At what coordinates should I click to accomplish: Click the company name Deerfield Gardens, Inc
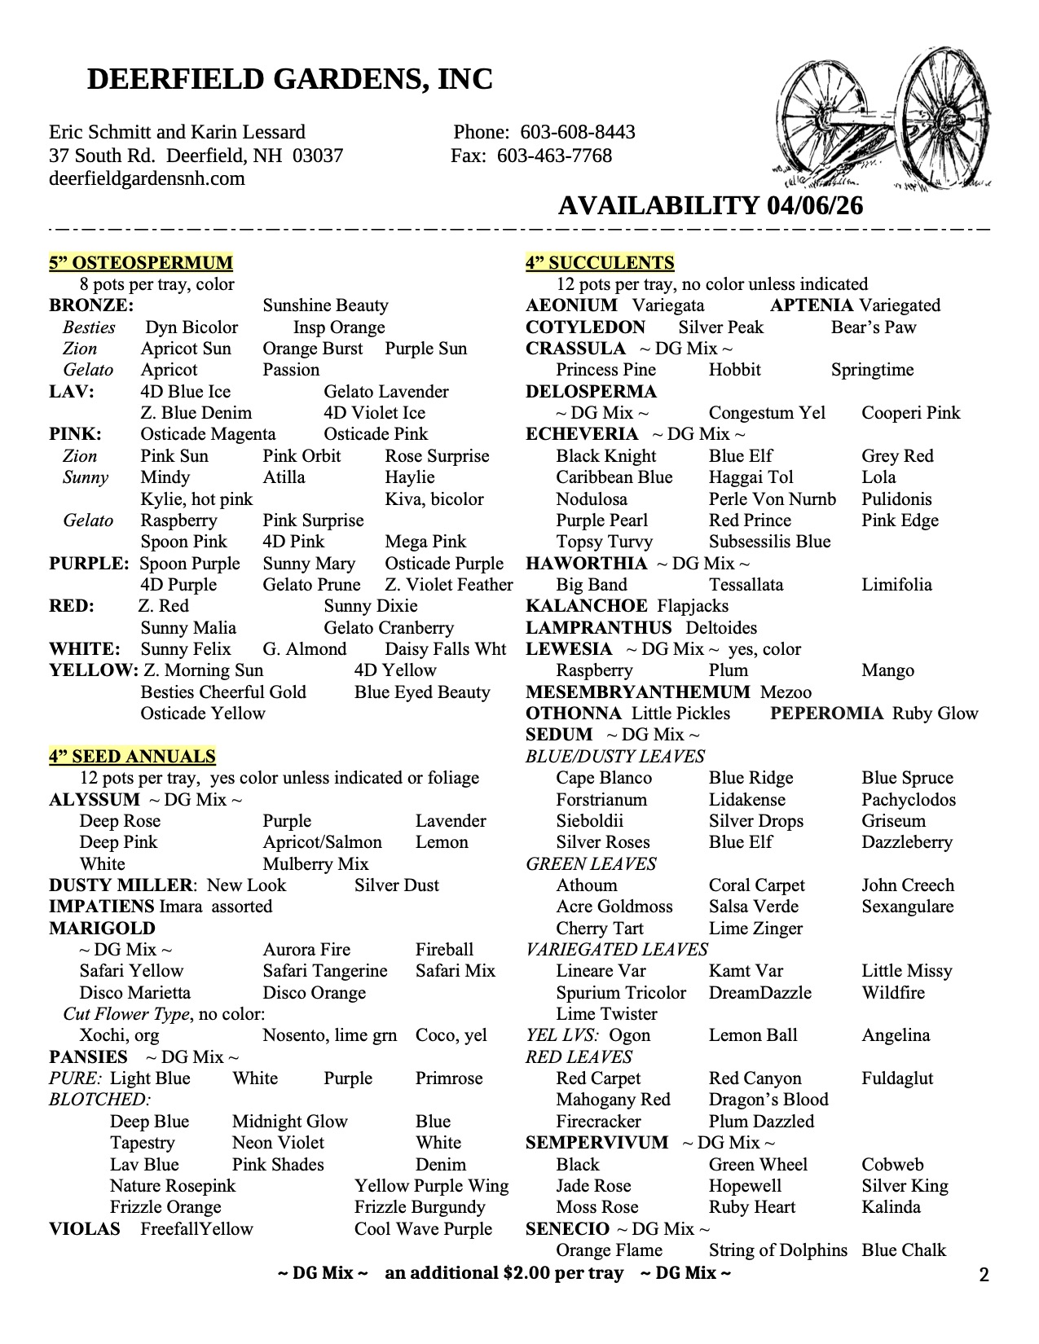(289, 79)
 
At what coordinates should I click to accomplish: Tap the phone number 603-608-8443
(578, 132)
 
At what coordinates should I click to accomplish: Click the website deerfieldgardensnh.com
(147, 178)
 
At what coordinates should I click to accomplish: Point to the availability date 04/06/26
(814, 205)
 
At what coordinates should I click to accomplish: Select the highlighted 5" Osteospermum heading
(141, 262)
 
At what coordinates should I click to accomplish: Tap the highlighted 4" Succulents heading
(600, 262)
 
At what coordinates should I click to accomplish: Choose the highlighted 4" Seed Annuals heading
(132, 756)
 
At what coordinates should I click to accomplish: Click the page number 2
(984, 1275)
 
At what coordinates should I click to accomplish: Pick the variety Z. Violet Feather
(449, 585)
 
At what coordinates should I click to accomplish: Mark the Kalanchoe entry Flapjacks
(693, 606)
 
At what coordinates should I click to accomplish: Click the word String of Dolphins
(777, 1250)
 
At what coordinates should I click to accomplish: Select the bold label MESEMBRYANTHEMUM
(637, 692)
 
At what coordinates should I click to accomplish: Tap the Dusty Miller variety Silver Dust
(397, 885)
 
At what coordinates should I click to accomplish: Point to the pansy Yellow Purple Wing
(431, 1186)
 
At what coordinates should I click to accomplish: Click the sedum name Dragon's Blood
(768, 1100)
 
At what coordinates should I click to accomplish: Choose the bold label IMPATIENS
(101, 907)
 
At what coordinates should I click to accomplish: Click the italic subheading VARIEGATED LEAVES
(617, 950)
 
